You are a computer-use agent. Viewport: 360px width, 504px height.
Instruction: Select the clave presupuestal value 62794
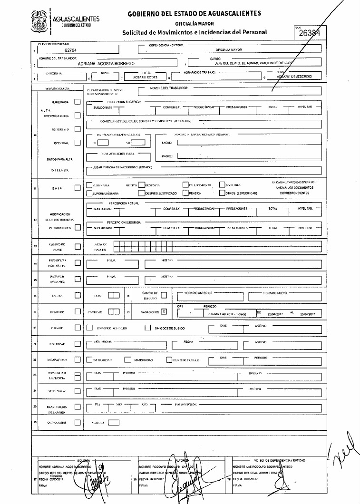click(70, 50)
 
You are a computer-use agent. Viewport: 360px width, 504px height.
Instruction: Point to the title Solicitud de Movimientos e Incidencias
click(195, 32)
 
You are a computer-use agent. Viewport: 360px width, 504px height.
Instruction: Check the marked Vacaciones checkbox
click(164, 311)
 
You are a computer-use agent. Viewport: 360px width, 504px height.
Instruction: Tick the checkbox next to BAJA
click(78, 188)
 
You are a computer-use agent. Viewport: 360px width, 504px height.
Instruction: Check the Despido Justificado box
click(141, 194)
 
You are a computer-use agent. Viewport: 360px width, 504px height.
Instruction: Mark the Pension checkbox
click(185, 194)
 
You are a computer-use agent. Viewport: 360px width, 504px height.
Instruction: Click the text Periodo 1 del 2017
click(224, 315)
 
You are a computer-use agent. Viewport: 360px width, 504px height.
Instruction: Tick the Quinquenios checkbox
click(78, 422)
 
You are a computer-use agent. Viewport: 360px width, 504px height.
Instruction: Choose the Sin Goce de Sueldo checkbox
click(147, 328)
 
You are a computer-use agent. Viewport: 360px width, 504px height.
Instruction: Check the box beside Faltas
click(78, 295)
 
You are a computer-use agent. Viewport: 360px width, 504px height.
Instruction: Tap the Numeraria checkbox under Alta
click(78, 102)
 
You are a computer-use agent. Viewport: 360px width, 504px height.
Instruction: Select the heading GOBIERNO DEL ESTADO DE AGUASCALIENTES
click(194, 14)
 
